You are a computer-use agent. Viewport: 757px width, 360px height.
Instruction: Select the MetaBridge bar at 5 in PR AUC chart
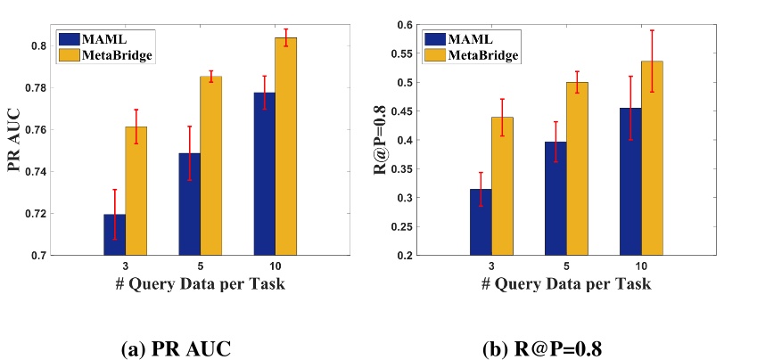pos(210,166)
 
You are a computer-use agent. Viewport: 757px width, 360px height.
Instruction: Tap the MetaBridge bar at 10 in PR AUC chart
pos(285,147)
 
